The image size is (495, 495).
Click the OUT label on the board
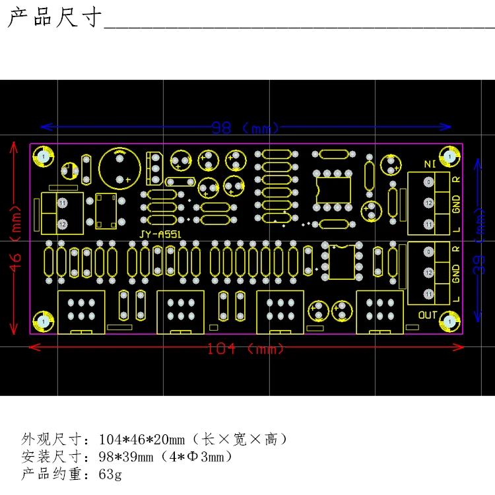click(428, 315)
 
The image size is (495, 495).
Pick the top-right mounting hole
click(450, 157)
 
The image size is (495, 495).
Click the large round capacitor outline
click(119, 168)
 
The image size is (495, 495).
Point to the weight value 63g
click(110, 473)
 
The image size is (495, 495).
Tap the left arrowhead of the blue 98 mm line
click(44, 127)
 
